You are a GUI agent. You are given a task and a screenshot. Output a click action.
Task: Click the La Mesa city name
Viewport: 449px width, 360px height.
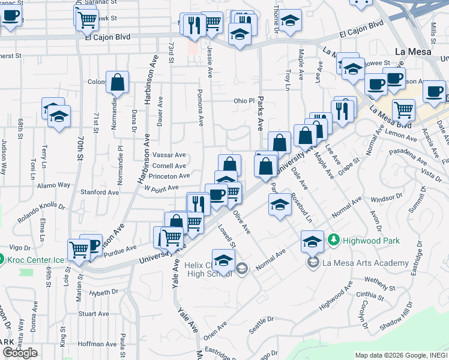click(411, 51)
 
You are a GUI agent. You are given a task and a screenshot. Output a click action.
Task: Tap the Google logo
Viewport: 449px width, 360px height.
click(20, 353)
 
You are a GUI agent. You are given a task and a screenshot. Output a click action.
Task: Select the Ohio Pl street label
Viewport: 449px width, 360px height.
click(244, 101)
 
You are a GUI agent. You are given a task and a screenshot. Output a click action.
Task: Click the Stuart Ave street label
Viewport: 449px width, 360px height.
click(94, 314)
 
